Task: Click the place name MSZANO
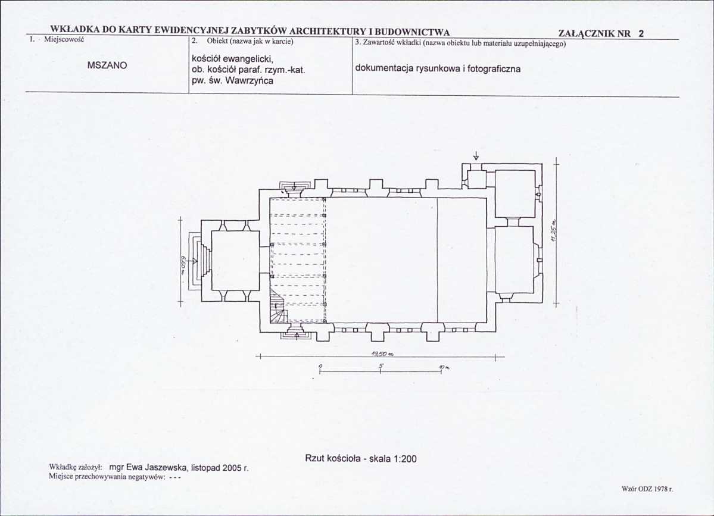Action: point(107,65)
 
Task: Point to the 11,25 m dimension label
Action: point(554,234)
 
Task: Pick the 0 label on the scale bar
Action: point(320,366)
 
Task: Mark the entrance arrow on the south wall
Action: point(297,336)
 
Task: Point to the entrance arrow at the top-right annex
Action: point(476,156)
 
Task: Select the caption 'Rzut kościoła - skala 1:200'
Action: point(361,459)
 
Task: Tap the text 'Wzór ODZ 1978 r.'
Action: point(647,489)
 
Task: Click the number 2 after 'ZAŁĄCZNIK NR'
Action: point(641,33)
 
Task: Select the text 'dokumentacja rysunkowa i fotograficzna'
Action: point(438,69)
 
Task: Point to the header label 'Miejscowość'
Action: point(64,39)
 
